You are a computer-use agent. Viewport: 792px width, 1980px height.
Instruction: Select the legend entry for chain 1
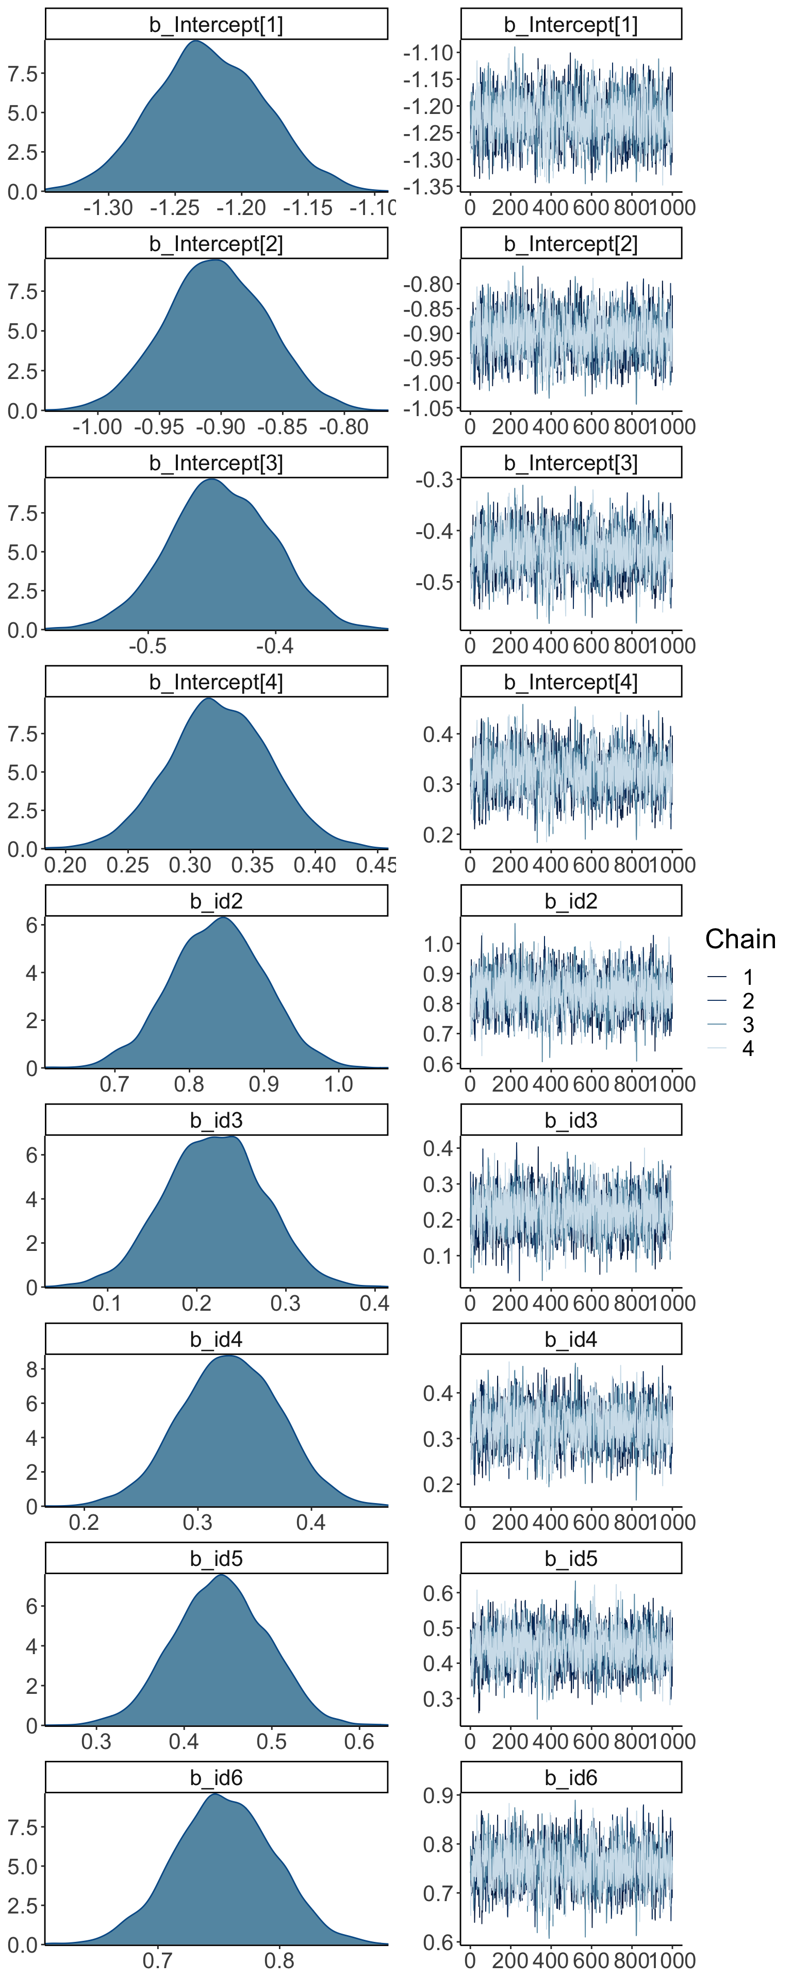coord(748,978)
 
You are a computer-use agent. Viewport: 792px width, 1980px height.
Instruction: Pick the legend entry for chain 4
coord(748,1048)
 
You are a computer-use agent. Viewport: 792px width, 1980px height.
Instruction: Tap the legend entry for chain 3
coord(748,1025)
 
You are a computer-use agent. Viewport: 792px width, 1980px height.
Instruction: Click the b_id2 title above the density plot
coord(216,901)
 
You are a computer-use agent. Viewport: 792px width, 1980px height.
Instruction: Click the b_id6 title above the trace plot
coord(571,1778)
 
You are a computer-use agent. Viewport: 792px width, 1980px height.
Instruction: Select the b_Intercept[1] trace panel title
coord(571,25)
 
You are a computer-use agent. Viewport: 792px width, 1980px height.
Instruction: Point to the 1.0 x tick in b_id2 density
coord(338,1084)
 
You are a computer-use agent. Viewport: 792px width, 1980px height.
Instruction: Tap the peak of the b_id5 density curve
coord(221,1575)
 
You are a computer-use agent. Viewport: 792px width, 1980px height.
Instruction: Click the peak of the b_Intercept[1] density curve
coord(196,41)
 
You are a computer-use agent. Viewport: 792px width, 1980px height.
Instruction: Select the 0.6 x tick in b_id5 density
coord(359,1742)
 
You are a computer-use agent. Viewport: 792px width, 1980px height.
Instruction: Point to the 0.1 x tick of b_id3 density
coord(107,1303)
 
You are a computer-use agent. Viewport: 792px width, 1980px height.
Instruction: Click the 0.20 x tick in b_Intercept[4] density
coord(65,866)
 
